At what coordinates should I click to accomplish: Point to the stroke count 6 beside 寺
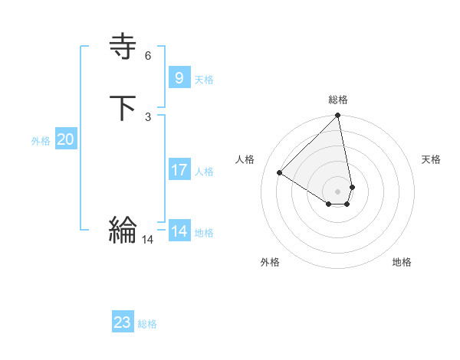click(x=147, y=56)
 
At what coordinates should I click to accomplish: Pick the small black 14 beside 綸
click(x=147, y=240)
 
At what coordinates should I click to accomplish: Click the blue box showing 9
click(x=179, y=77)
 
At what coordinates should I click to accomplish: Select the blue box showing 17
click(x=179, y=169)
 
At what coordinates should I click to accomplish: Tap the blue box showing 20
click(x=65, y=139)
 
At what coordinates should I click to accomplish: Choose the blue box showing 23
click(x=123, y=322)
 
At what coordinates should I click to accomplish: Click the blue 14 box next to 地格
click(x=179, y=231)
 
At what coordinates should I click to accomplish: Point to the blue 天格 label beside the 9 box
click(x=204, y=79)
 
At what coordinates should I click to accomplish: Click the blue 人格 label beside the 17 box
click(x=204, y=171)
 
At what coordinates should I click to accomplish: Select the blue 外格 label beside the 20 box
click(x=41, y=141)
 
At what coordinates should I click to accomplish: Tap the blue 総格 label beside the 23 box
click(x=147, y=324)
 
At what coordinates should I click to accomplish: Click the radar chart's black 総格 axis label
click(x=338, y=100)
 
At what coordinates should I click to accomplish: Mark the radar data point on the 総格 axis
click(x=338, y=116)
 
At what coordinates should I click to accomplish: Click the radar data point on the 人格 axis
click(x=280, y=173)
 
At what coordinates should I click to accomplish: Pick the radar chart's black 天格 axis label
click(x=431, y=159)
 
